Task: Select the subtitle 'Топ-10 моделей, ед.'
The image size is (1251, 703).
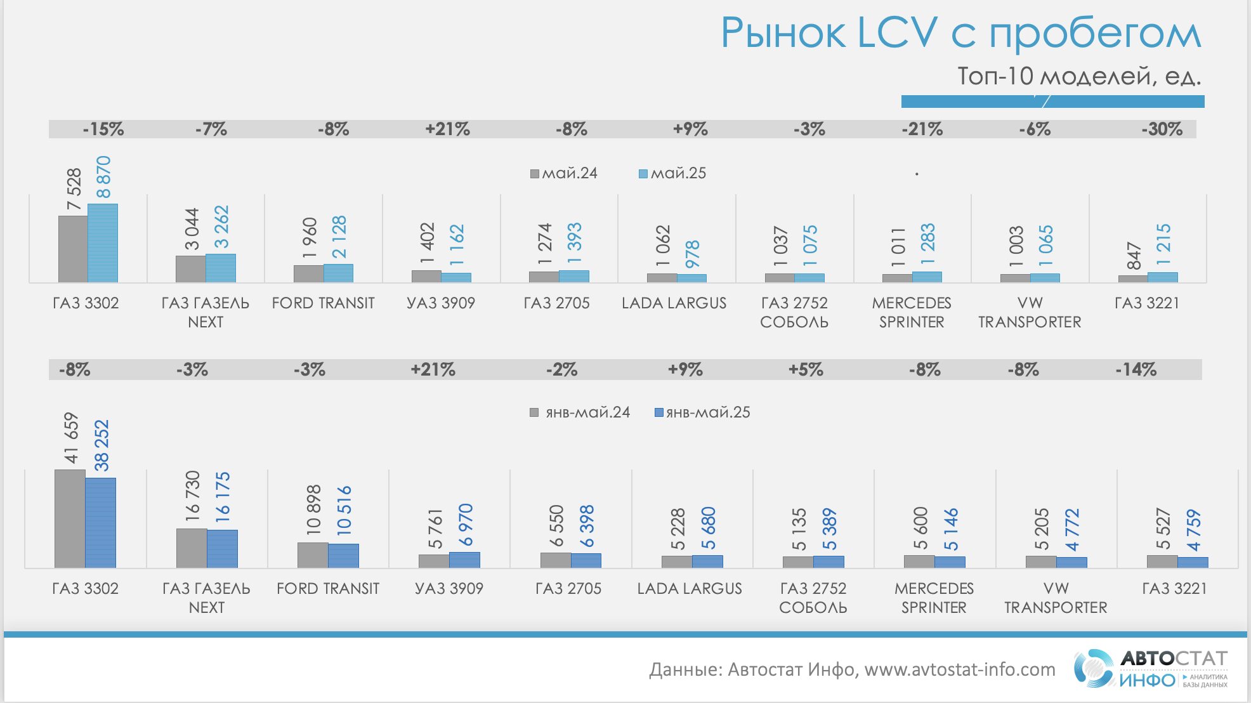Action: point(1078,76)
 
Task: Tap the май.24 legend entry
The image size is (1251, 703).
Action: point(564,173)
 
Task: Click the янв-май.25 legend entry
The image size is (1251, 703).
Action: point(702,412)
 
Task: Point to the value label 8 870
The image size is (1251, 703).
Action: point(103,177)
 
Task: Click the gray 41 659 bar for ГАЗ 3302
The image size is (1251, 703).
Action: point(70,518)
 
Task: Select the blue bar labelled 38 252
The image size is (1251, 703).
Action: point(100,522)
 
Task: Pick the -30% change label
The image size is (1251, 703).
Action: point(1162,129)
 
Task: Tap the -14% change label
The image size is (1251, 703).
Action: point(1136,369)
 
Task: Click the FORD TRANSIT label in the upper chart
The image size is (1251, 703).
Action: point(323,303)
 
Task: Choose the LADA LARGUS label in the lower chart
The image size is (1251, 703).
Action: point(689,589)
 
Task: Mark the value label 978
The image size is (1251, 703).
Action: point(692,254)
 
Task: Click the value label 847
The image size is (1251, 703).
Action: point(1134,255)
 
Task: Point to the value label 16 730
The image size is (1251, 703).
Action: point(192,496)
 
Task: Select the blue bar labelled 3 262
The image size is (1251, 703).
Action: point(221,268)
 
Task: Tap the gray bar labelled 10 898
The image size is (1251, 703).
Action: point(313,555)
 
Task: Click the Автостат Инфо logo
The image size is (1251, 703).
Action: point(1150,669)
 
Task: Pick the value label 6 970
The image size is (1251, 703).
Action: point(466,525)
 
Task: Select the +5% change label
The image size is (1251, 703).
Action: point(806,369)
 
